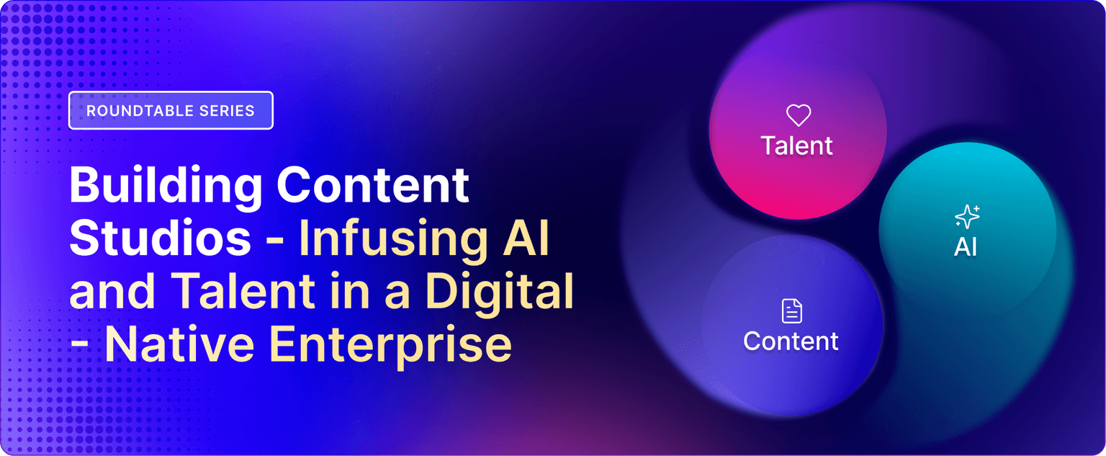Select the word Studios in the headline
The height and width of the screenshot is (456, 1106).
tap(161, 238)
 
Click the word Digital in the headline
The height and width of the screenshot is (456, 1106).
tap(499, 290)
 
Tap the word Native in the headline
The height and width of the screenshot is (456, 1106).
tap(180, 344)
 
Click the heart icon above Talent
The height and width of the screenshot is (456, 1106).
tap(799, 115)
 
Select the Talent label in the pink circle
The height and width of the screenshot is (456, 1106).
tap(797, 146)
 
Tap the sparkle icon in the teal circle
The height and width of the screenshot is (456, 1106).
tap(967, 217)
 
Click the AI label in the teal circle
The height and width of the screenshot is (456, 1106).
tap(966, 246)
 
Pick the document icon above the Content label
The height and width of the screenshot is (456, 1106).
tap(792, 310)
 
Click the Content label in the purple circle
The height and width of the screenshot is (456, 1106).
tap(791, 341)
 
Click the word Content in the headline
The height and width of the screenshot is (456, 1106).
tap(373, 185)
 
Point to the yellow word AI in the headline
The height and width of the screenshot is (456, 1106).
tap(526, 238)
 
